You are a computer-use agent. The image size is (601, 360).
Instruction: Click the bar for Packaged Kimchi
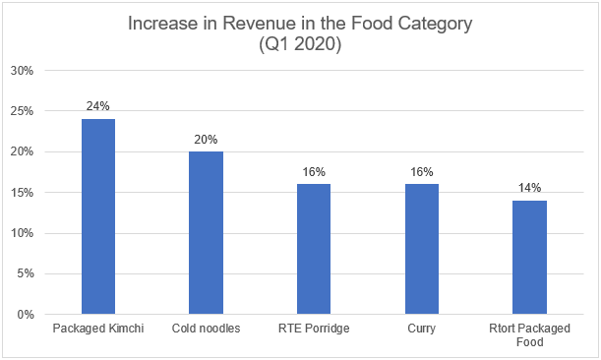98,216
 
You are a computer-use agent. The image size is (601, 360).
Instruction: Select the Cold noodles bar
206,233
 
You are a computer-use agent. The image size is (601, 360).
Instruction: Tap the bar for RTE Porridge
314,249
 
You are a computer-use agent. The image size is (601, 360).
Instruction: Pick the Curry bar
422,249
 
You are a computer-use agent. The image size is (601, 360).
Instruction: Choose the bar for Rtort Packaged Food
530,258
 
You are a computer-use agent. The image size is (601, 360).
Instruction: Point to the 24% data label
98,106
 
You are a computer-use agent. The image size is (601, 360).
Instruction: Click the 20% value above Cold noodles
206,139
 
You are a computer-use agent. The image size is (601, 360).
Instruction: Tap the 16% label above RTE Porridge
314,172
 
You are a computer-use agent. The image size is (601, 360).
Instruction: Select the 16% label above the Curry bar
422,172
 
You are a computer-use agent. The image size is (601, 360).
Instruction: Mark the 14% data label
530,188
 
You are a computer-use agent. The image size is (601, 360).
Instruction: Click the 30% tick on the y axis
22,71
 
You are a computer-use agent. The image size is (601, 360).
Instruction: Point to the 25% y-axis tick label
22,111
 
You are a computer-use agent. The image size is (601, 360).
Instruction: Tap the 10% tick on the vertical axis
22,233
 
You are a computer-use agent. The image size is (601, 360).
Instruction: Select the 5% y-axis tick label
26,273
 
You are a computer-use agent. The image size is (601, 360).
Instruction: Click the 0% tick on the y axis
26,315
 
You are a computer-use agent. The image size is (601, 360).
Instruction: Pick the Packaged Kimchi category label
98,329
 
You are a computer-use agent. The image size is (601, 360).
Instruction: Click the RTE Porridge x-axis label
314,329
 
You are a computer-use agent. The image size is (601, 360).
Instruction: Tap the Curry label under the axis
422,329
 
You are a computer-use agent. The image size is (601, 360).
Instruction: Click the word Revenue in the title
266,23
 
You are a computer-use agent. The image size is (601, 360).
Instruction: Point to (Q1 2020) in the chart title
300,43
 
